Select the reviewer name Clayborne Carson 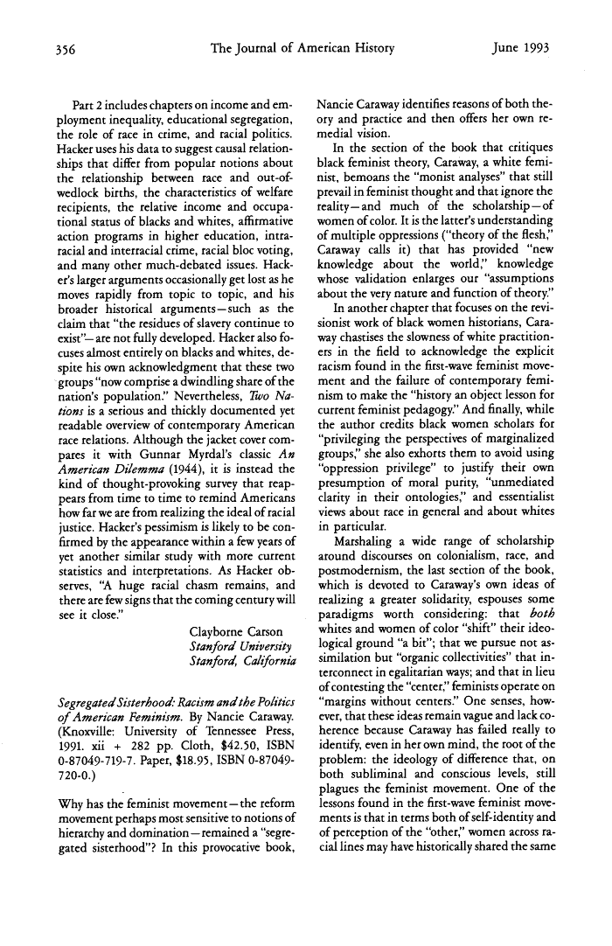(x=236, y=631)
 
